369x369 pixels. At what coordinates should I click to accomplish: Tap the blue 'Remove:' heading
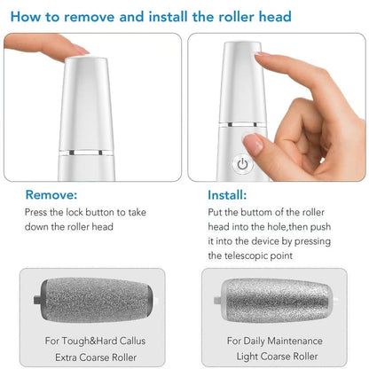click(x=51, y=194)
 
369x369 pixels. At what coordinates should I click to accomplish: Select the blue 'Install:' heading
click(x=227, y=194)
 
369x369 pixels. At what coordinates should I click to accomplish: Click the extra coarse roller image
click(x=94, y=300)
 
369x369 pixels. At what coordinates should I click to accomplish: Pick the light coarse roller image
click(x=271, y=300)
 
